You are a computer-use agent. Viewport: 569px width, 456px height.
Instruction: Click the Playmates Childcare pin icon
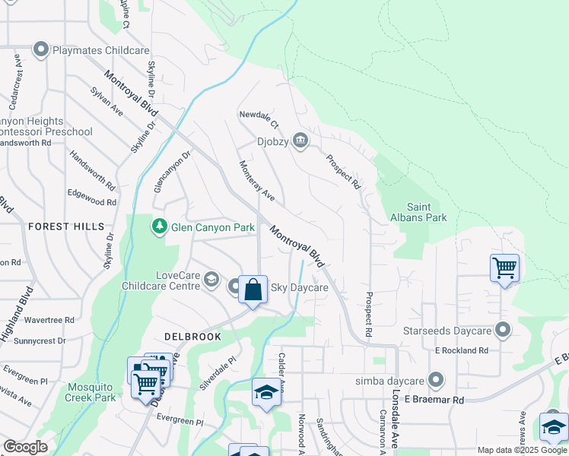click(x=40, y=51)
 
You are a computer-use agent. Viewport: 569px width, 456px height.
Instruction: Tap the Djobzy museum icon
click(x=300, y=140)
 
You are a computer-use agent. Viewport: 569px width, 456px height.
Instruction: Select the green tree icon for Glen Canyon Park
click(x=159, y=226)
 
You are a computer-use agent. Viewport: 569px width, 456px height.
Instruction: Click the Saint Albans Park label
click(x=427, y=212)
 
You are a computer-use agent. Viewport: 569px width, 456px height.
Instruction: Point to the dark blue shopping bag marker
click(x=253, y=290)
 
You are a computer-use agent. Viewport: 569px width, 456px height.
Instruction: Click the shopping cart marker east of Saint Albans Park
click(x=504, y=268)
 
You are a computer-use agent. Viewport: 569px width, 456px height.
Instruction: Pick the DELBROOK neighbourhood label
click(x=192, y=336)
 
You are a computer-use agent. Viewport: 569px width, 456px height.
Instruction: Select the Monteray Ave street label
click(x=256, y=180)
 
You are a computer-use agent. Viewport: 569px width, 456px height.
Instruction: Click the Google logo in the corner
click(x=25, y=447)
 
